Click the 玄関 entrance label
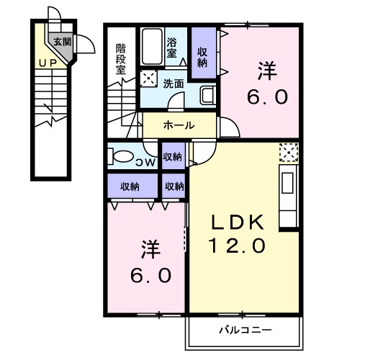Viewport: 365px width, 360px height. point(60,42)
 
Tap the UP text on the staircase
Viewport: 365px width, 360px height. point(48,63)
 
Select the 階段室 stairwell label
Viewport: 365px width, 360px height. point(121,59)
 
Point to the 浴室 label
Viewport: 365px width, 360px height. point(173,47)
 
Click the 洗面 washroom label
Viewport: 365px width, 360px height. point(173,83)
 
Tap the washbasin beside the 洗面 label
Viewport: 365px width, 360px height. point(206,94)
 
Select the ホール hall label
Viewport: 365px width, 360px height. point(178,125)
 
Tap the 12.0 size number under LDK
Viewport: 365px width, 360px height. point(238,246)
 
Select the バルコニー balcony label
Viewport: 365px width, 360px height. point(245,330)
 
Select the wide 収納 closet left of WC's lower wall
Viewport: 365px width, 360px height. point(130,186)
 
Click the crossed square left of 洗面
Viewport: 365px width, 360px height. point(148,80)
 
